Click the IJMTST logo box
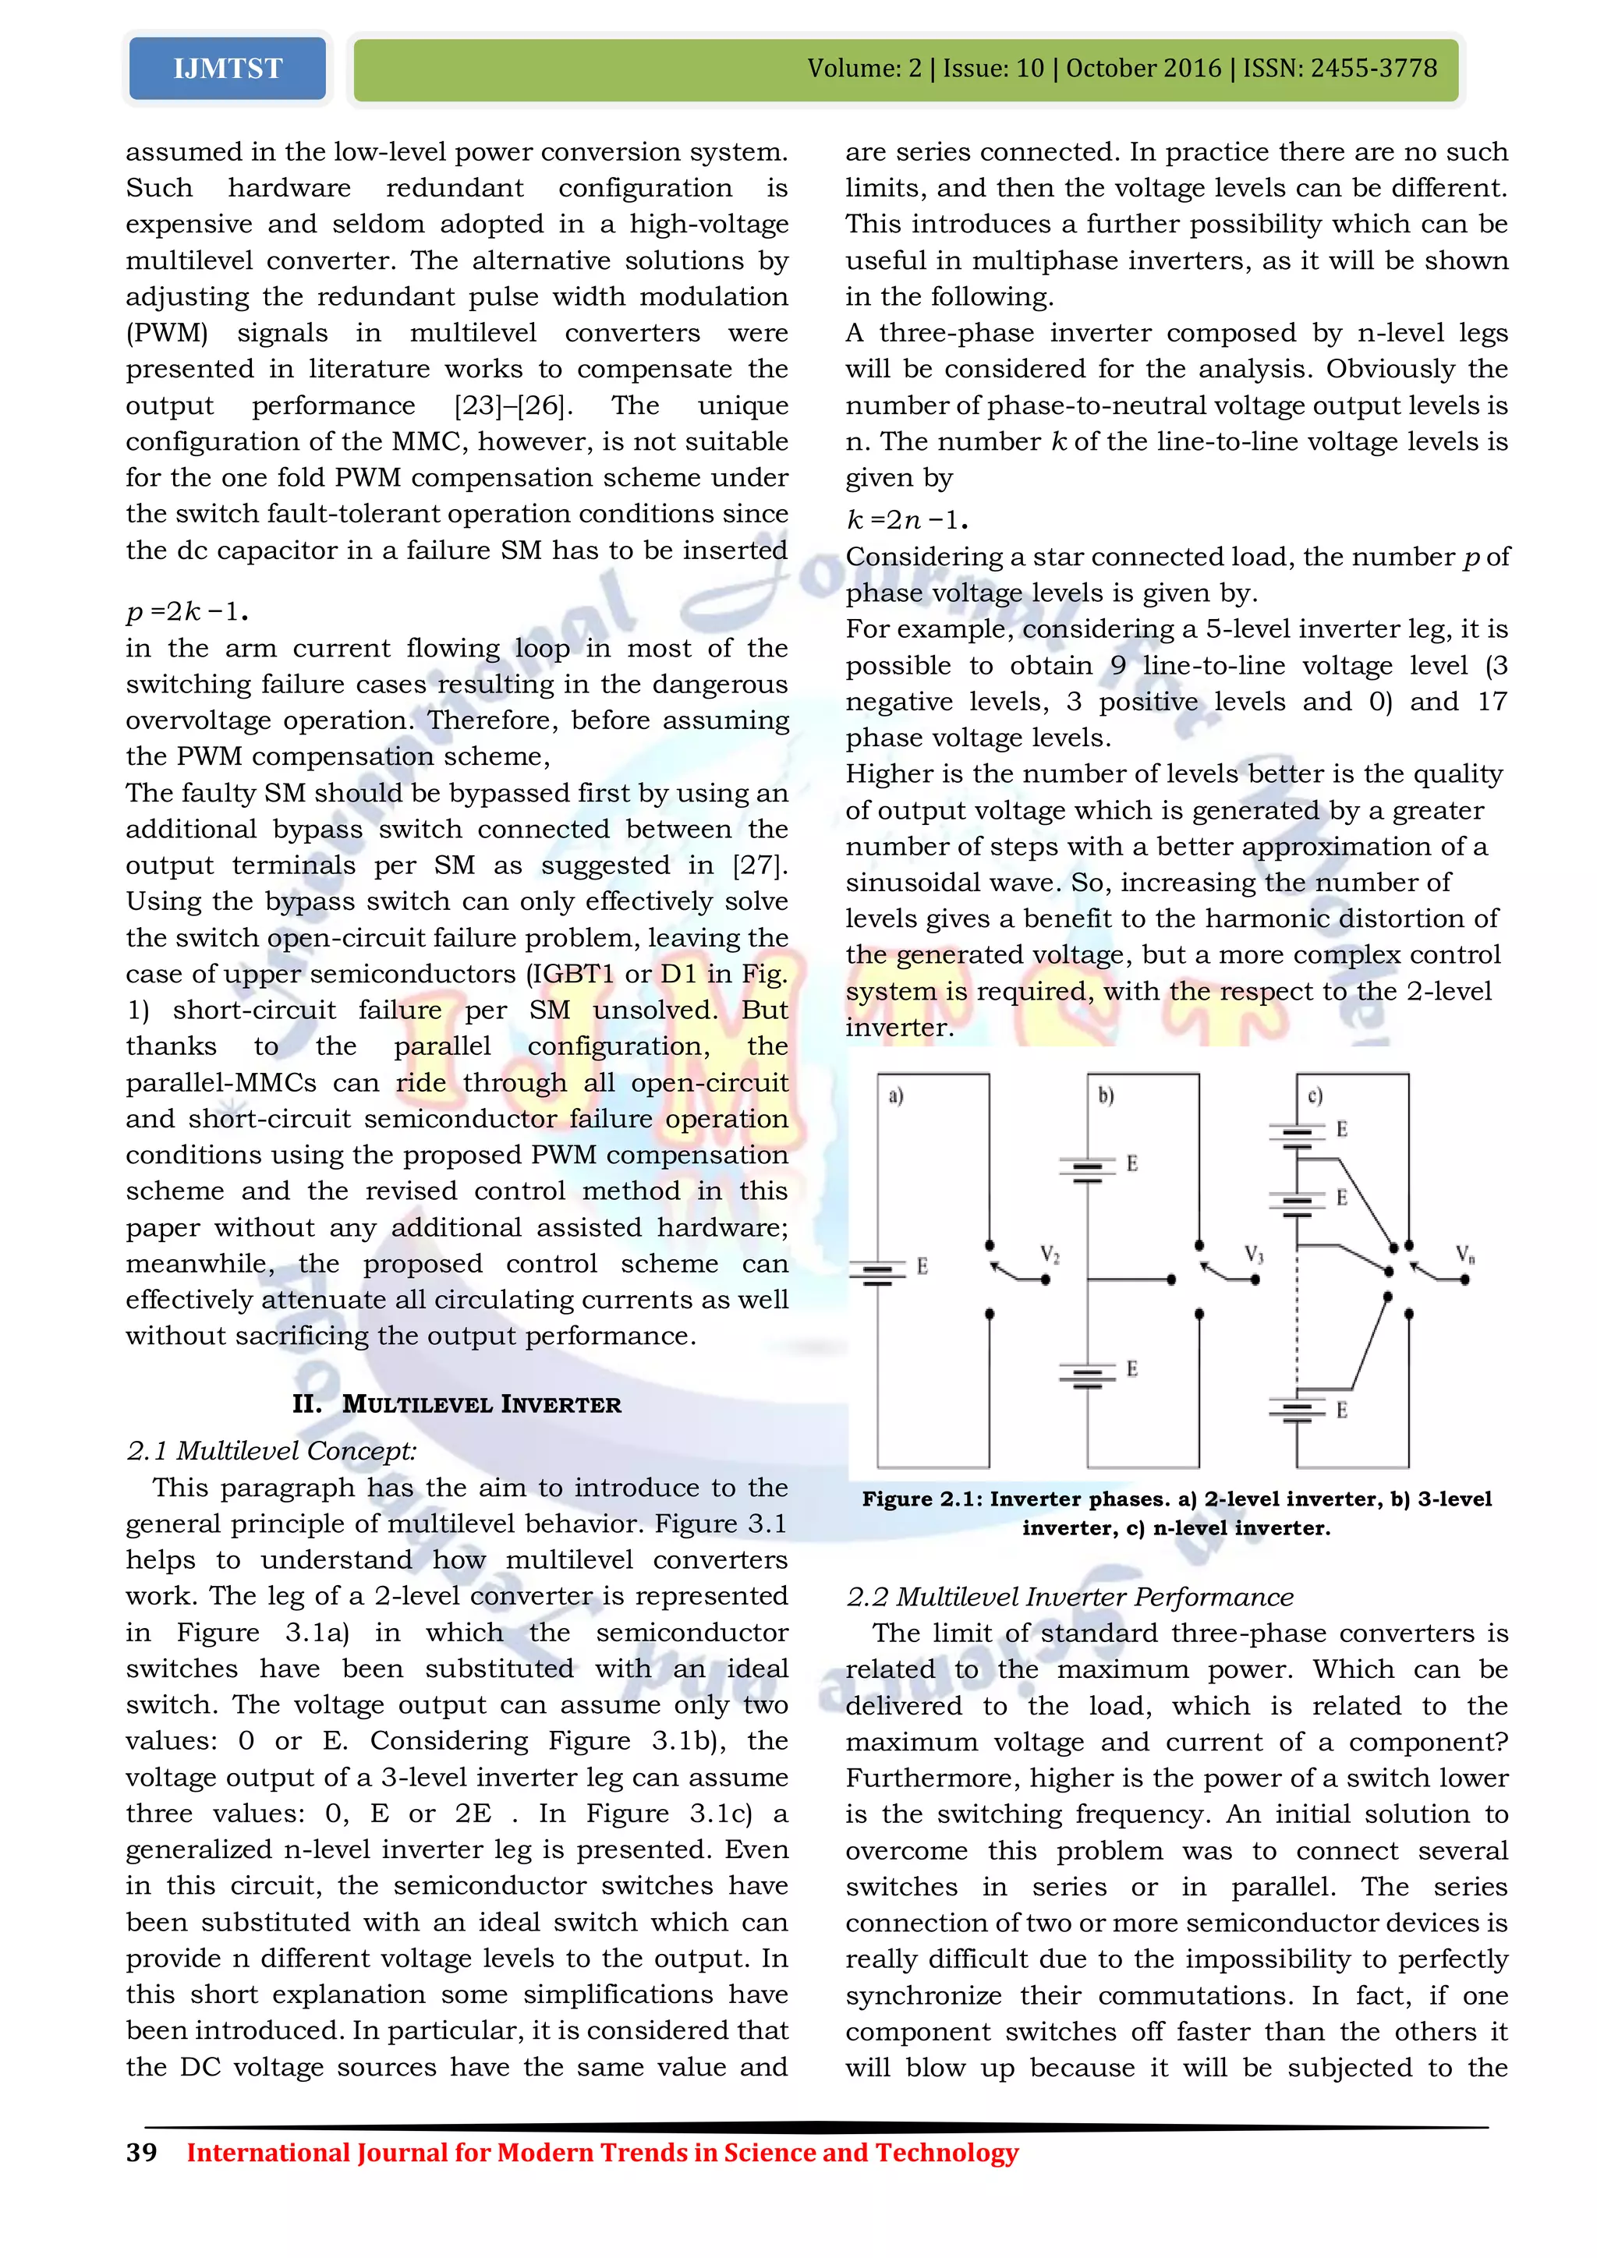coord(227,69)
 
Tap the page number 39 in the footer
coord(142,2152)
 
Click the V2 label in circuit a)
coord(1050,1255)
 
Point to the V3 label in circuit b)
coord(1254,1254)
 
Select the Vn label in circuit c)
coord(1464,1255)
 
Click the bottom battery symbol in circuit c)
coord(1297,1412)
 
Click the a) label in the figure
coord(896,1095)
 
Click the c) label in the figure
coord(1315,1095)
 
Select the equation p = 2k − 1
coord(187,612)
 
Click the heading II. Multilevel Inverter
coord(456,1404)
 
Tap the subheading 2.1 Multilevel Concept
coord(271,1450)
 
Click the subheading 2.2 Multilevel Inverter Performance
coord(1069,1596)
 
